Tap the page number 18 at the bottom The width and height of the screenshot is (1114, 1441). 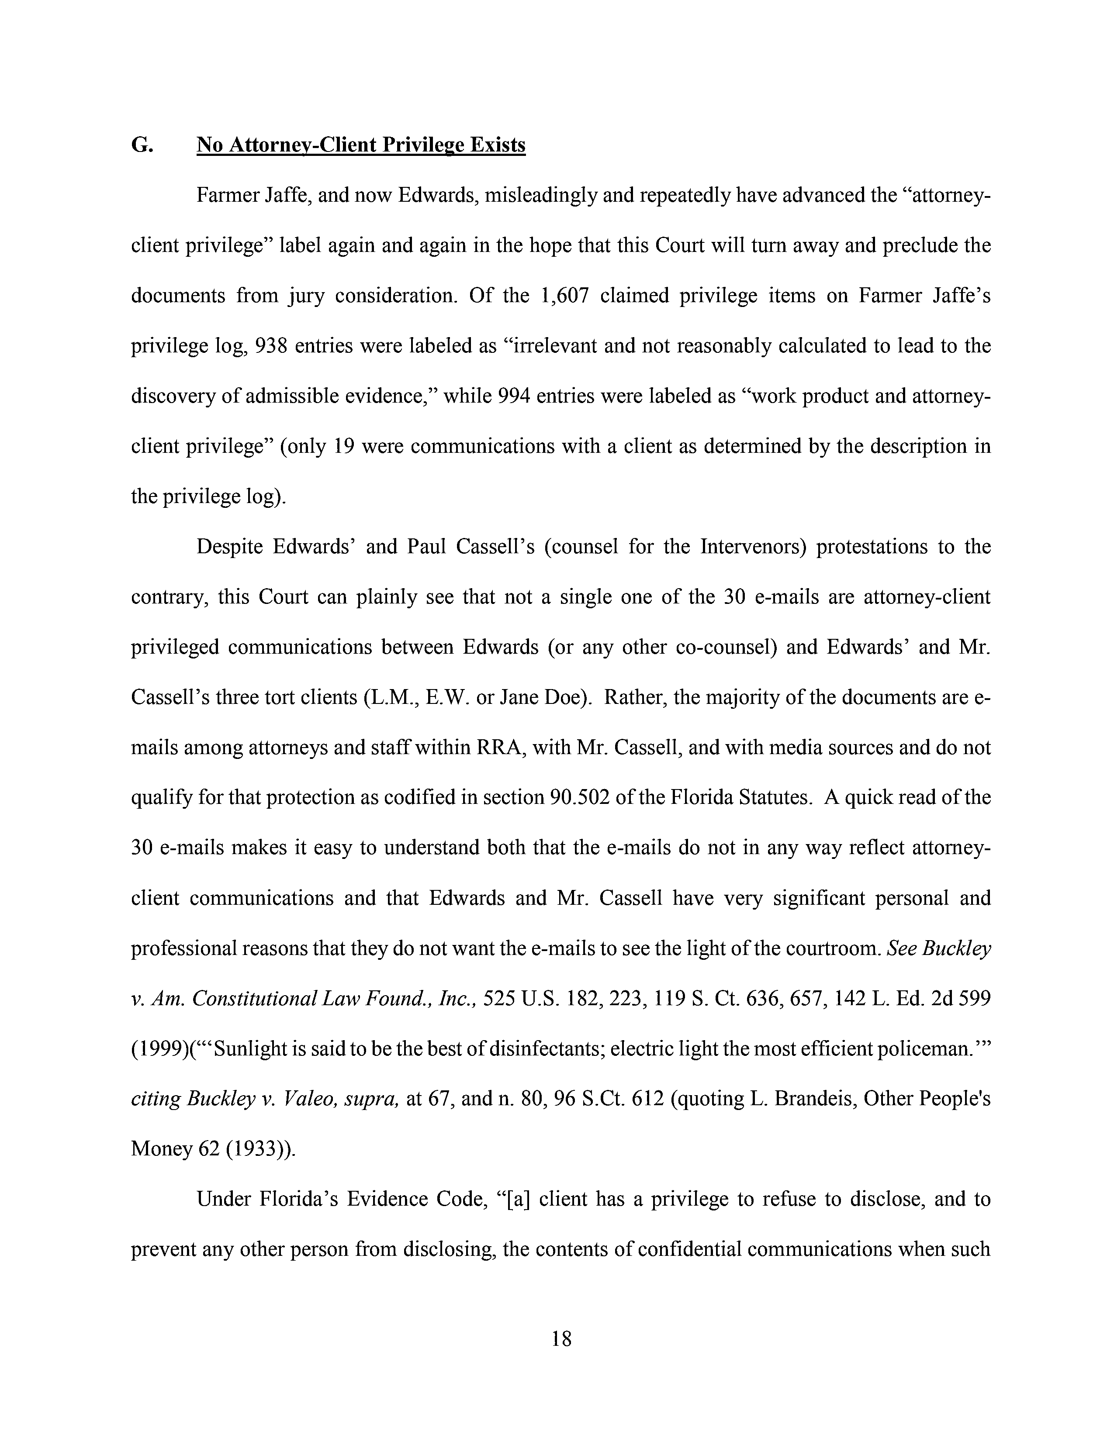click(x=561, y=1339)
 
